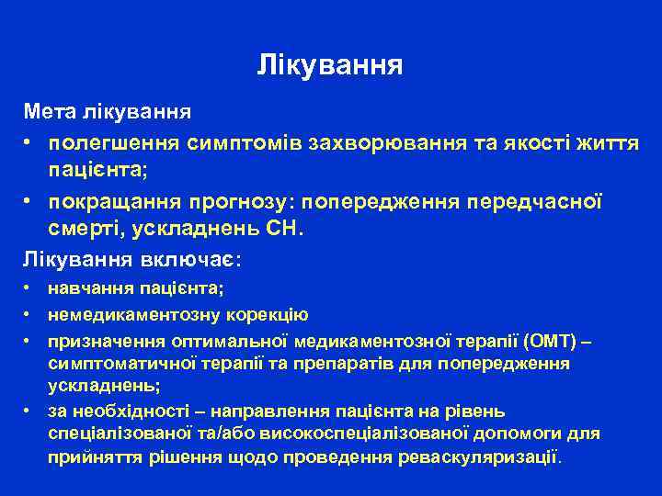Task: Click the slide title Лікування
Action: (330, 65)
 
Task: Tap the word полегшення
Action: (113, 144)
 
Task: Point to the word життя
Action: (605, 144)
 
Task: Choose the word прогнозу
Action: (248, 201)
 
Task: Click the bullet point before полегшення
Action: (30, 144)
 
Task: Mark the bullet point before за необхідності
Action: (30, 411)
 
